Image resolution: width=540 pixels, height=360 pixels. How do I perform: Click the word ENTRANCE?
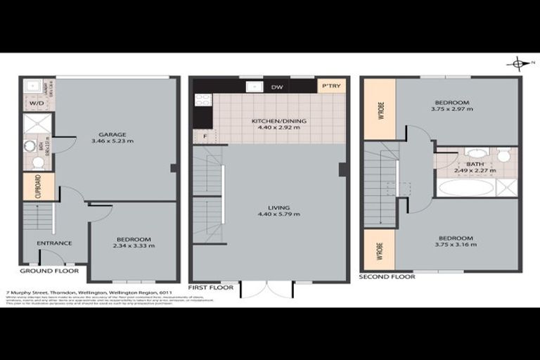point(54,243)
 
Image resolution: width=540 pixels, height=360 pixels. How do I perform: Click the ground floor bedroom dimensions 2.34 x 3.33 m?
point(134,246)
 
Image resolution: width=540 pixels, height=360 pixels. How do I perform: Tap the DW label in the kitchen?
point(277,87)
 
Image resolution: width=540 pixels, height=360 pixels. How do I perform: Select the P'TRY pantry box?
point(330,86)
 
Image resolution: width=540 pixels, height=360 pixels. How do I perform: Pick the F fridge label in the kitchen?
point(205,135)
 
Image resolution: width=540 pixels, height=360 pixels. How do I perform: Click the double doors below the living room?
point(266,289)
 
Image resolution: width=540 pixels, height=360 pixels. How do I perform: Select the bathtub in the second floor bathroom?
point(465,187)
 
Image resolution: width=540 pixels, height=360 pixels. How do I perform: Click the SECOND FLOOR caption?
point(387,277)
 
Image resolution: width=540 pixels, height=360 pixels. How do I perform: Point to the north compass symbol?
point(517,64)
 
